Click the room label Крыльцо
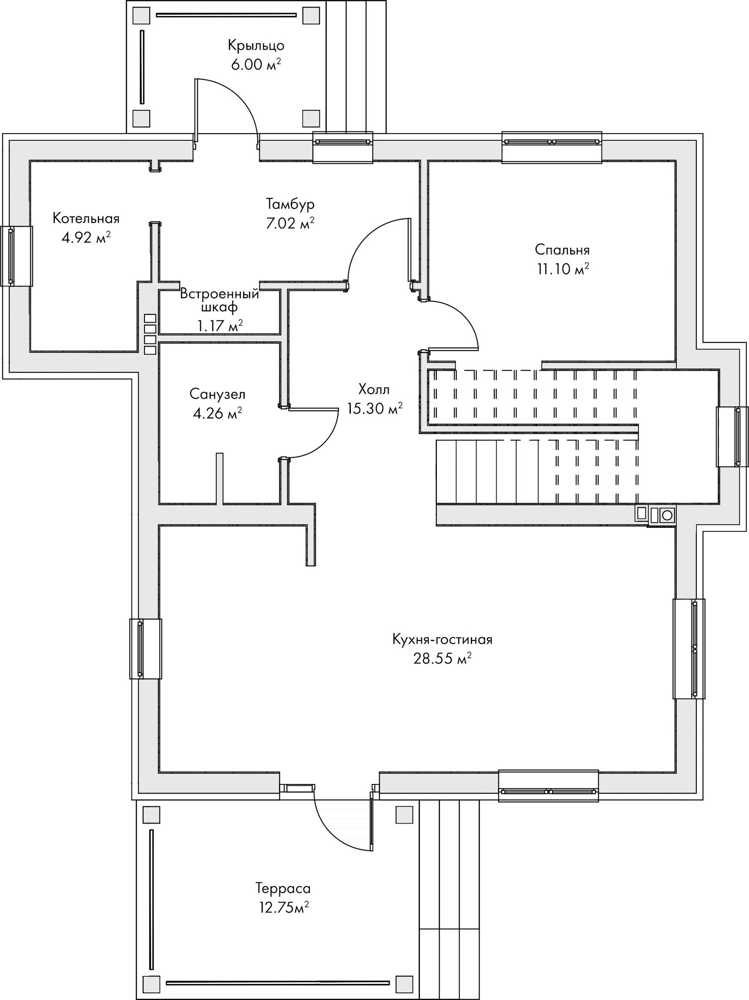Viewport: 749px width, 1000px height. coord(256,46)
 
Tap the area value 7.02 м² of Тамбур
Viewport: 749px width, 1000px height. coord(290,223)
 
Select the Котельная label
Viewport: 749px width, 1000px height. coord(86,218)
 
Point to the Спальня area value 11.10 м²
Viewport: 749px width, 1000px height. coord(563,269)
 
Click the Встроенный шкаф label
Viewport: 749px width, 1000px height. coord(219,301)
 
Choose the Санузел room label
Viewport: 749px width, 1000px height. coord(217,394)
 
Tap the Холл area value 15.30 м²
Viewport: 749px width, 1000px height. coord(375,408)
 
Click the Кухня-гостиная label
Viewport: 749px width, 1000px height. coord(442,639)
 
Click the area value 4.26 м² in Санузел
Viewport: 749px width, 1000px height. coord(217,413)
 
